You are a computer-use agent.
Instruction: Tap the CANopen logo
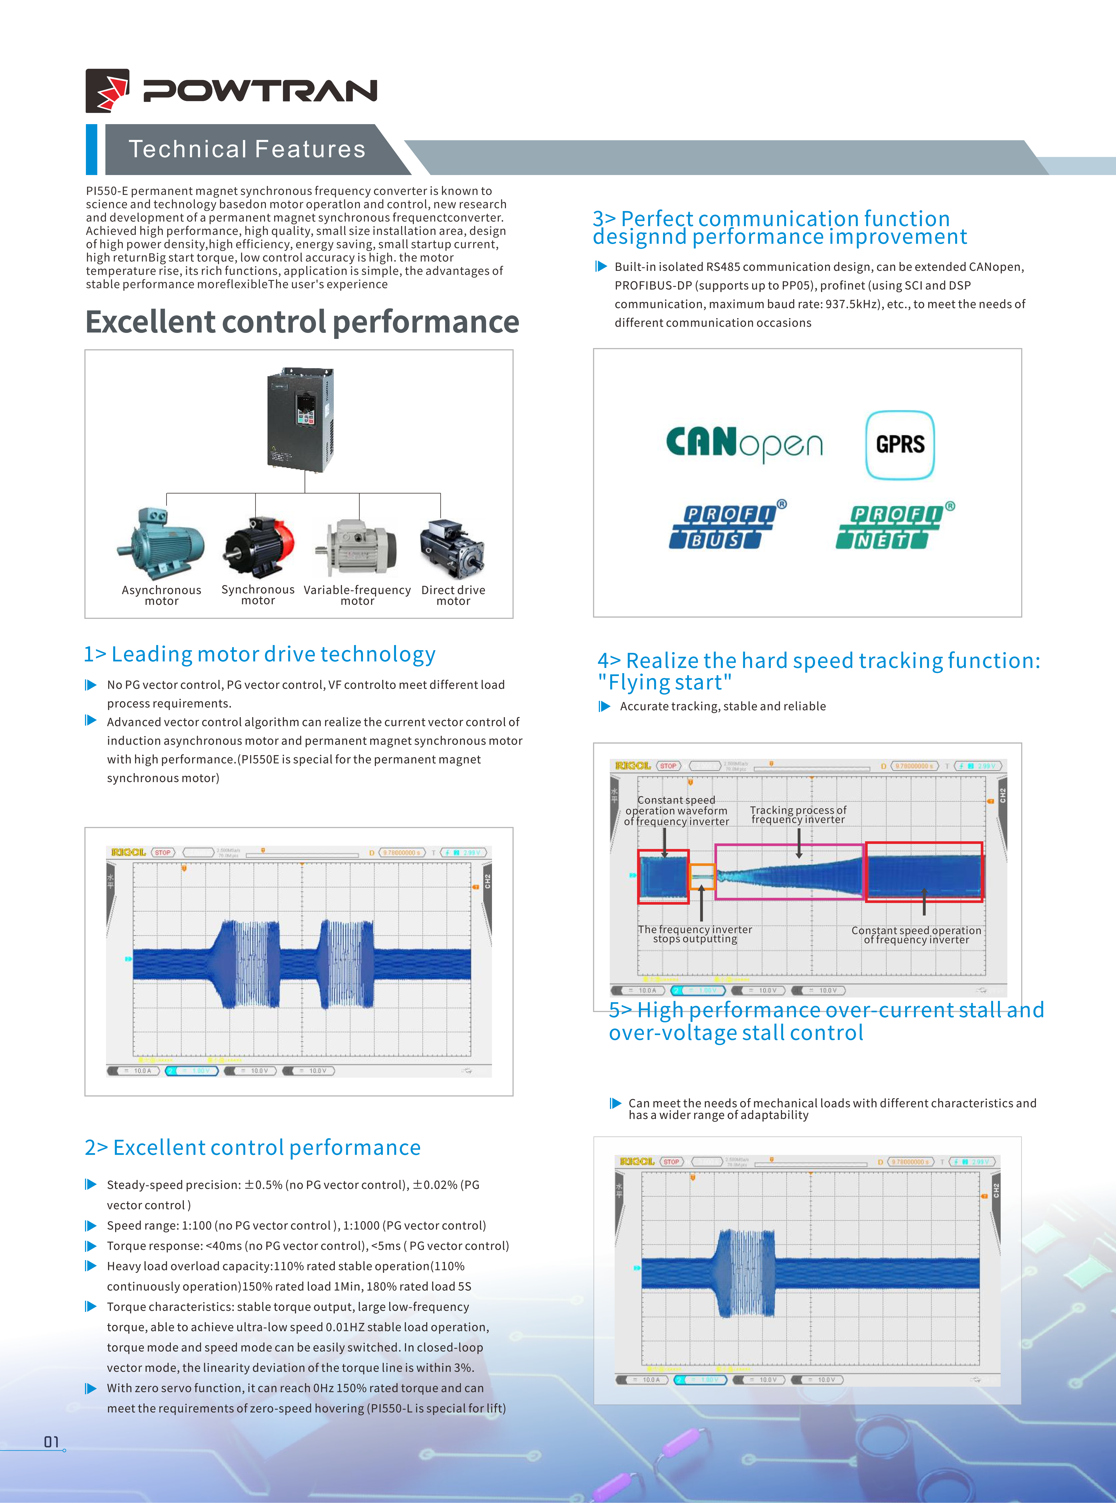(744, 443)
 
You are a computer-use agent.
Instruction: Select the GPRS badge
(900, 445)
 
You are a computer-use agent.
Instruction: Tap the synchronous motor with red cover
(259, 546)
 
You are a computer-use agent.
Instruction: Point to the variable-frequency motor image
(356, 547)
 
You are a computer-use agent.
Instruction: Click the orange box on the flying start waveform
(702, 877)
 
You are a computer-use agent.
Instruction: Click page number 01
(51, 1442)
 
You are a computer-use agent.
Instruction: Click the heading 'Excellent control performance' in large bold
(302, 322)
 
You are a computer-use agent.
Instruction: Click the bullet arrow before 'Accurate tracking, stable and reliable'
(605, 706)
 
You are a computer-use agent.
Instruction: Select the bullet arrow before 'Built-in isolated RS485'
(601, 266)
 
